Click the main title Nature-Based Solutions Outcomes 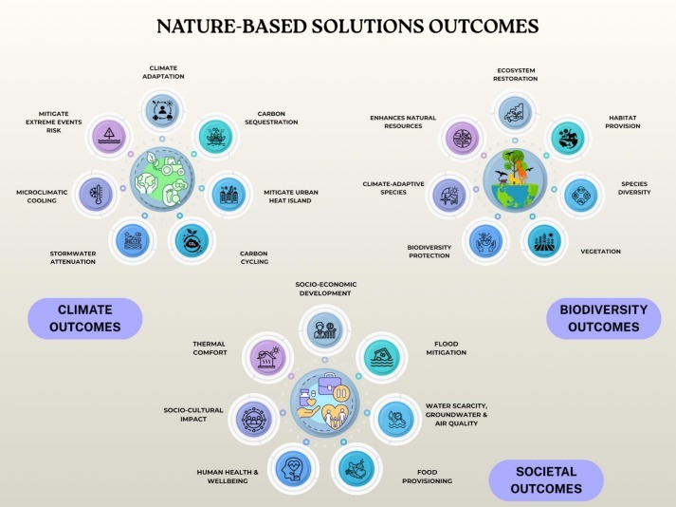coord(338,26)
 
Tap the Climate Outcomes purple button coord(84,318)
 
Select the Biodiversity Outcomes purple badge coord(602,318)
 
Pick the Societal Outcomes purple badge coord(546,479)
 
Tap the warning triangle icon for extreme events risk coord(110,135)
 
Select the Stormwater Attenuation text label coord(73,257)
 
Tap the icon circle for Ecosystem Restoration coord(516,112)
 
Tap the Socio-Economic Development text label coord(325,288)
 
